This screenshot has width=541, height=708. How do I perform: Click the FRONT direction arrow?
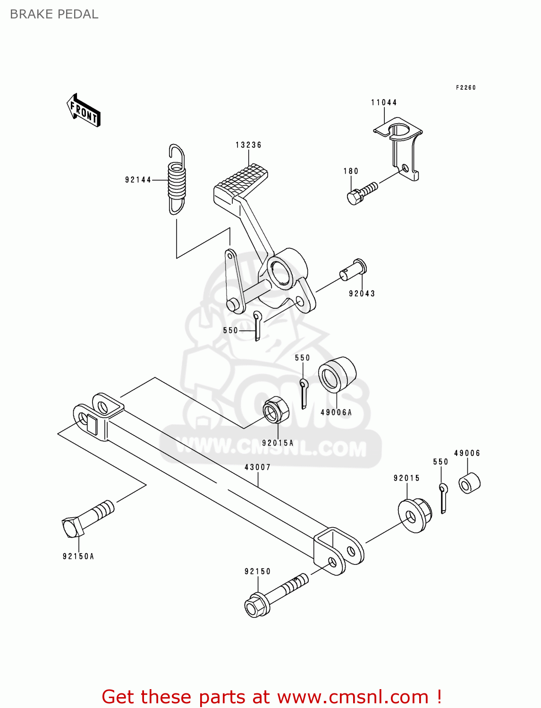[x=84, y=110]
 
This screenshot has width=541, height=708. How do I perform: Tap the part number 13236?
[x=248, y=145]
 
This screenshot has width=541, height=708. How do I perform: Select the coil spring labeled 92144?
[x=177, y=179]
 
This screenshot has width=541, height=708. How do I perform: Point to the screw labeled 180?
[x=362, y=193]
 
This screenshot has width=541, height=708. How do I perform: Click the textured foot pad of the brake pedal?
[x=241, y=182]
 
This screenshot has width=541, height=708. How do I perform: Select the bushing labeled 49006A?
[x=337, y=375]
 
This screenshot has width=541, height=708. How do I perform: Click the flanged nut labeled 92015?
[x=414, y=515]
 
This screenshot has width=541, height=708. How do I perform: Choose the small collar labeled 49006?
[x=469, y=483]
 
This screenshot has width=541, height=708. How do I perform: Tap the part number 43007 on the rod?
[x=257, y=467]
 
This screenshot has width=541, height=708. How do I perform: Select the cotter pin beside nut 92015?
[x=443, y=497]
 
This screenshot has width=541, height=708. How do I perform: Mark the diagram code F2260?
[x=465, y=87]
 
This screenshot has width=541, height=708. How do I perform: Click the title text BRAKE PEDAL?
[x=54, y=14]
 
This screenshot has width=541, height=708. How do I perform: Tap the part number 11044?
[x=384, y=102]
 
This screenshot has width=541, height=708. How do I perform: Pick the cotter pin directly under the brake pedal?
[x=257, y=325]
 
